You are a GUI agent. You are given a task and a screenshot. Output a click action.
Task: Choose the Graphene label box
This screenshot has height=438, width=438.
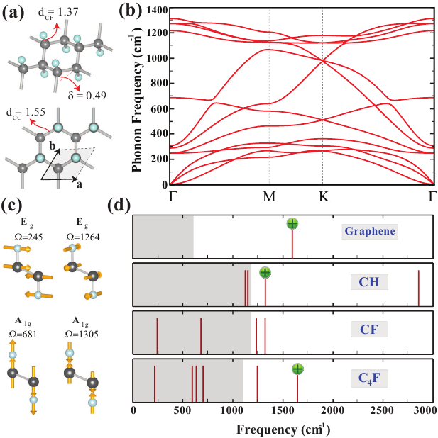tap(370, 231)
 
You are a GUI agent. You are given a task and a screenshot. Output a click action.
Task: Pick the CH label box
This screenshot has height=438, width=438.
tap(368, 282)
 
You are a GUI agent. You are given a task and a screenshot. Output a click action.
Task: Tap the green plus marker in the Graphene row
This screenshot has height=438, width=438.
tap(292, 224)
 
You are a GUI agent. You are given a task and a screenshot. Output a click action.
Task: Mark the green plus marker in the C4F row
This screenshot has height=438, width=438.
tap(297, 369)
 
